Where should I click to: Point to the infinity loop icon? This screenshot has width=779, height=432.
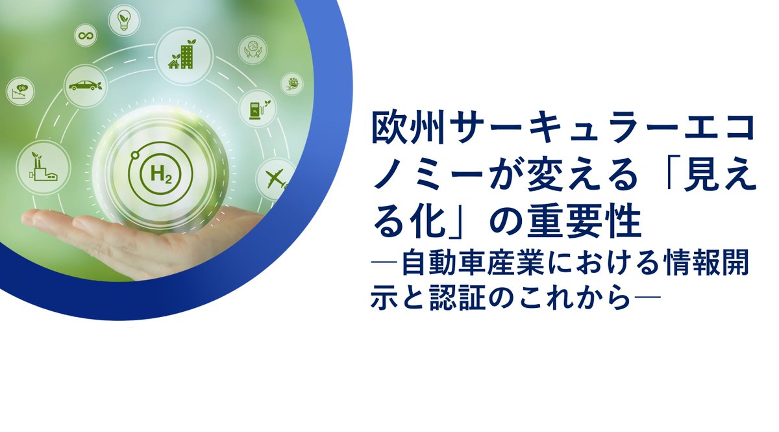click(x=84, y=36)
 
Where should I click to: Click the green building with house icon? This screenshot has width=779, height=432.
click(x=182, y=55)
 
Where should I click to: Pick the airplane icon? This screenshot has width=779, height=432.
click(x=275, y=177)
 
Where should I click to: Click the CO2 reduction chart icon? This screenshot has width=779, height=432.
click(x=19, y=91)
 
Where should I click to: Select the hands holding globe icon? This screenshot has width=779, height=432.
click(x=252, y=49)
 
